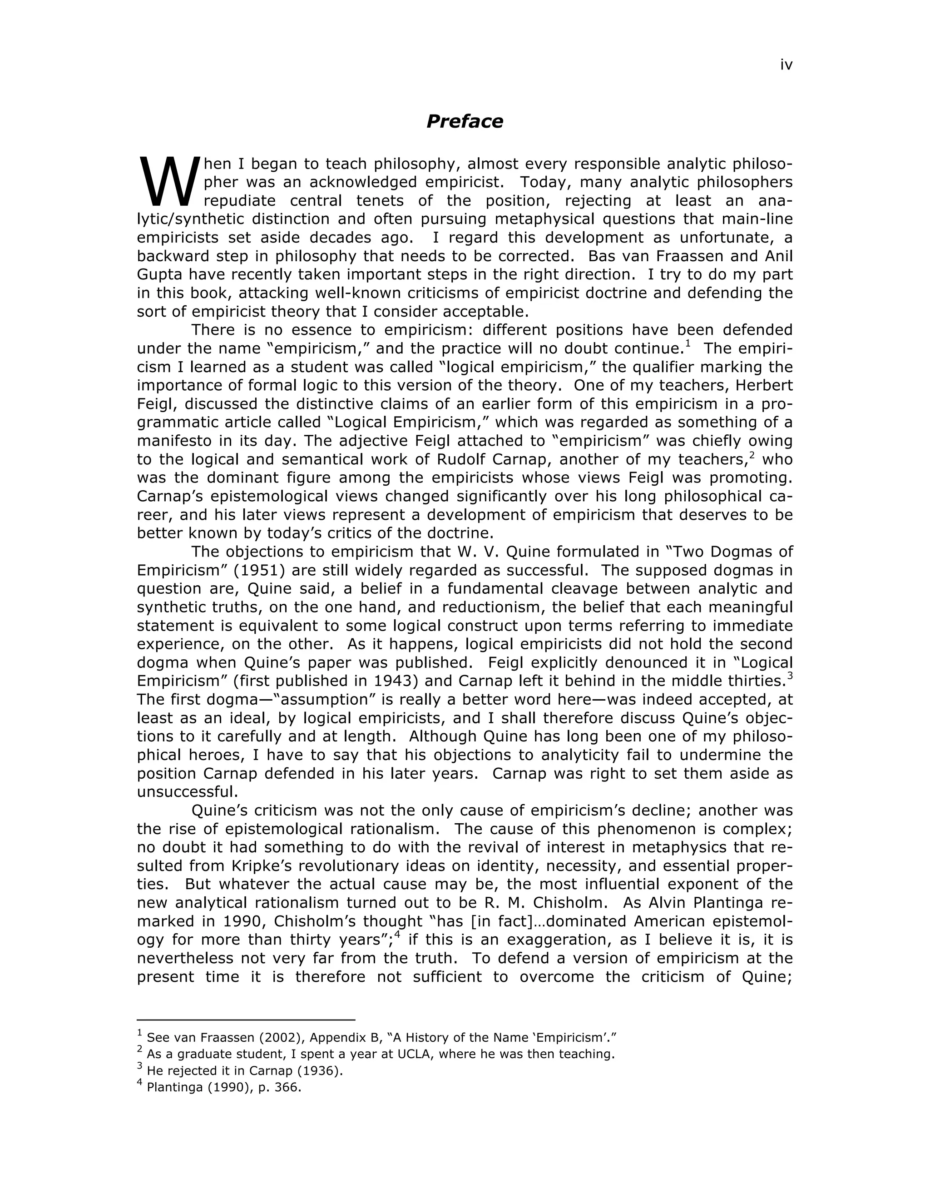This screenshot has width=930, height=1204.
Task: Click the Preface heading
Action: (x=465, y=121)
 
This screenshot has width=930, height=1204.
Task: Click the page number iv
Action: (x=786, y=65)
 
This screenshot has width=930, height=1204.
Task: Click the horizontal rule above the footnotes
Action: (x=246, y=1020)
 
